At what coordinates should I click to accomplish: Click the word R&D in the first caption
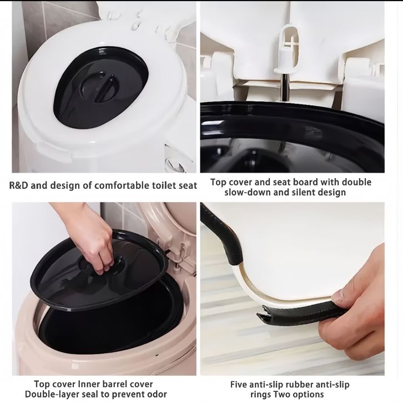[x=18, y=185]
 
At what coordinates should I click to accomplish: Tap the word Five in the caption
[x=238, y=385]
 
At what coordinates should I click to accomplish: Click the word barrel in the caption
[x=112, y=384]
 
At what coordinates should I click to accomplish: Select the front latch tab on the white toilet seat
[x=54, y=152]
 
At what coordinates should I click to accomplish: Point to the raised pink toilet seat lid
[x=164, y=231]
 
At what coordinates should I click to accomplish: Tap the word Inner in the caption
[x=87, y=384]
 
